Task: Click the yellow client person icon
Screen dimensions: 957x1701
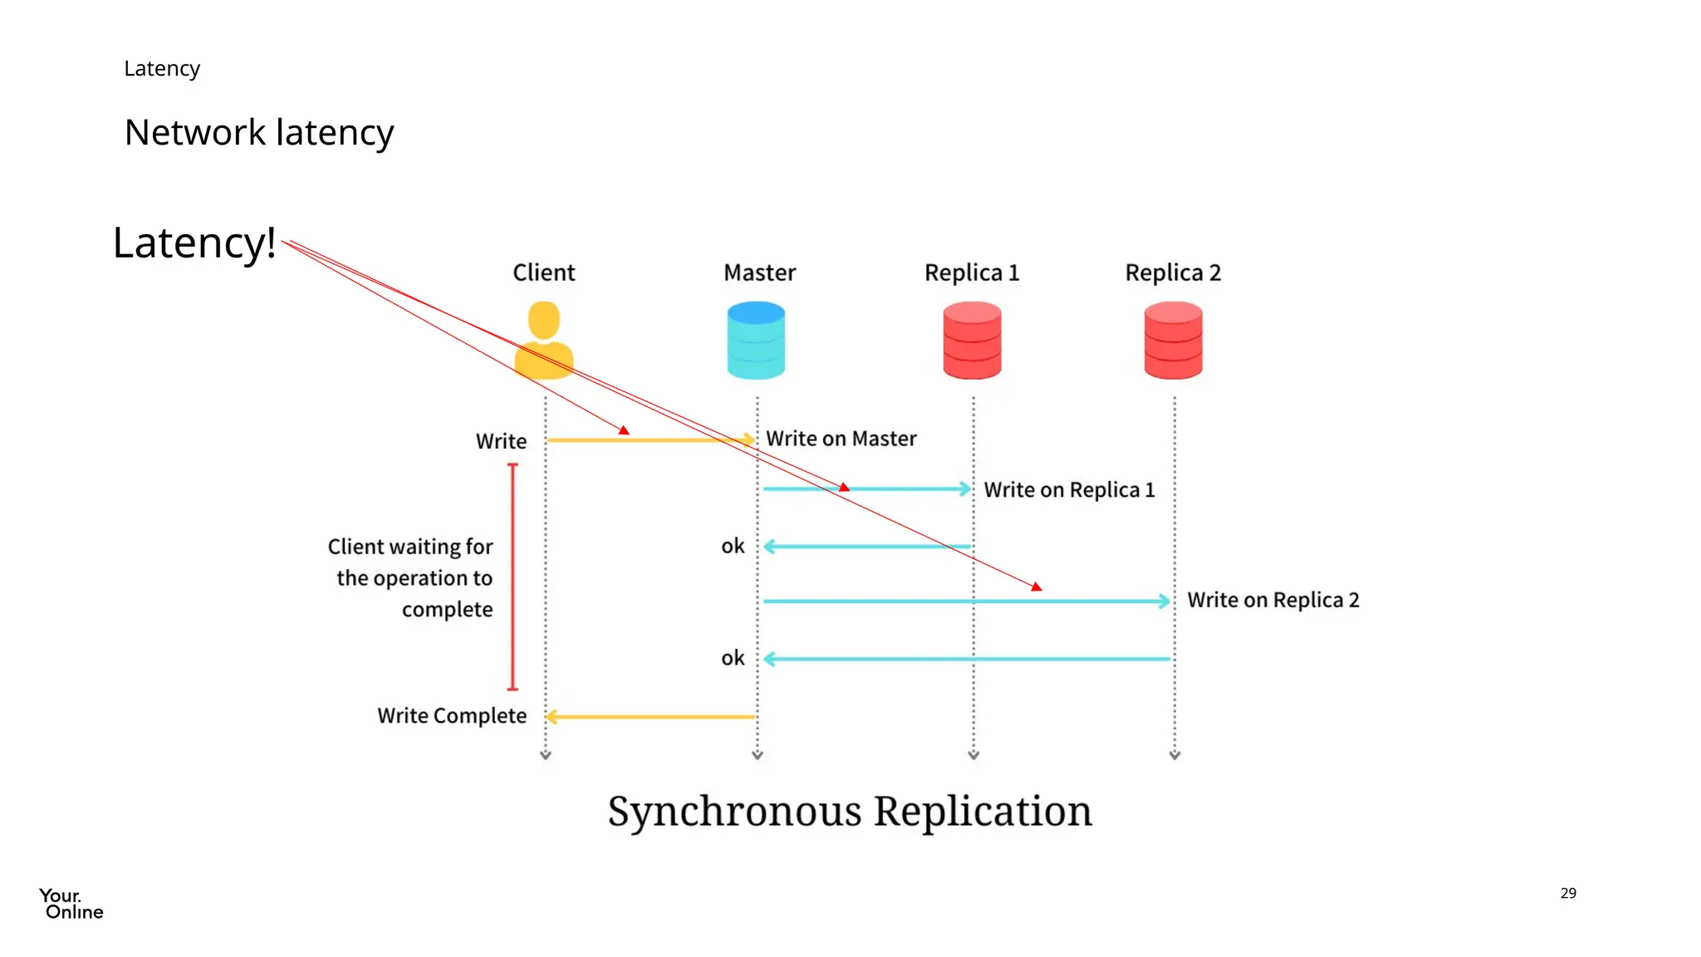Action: (544, 341)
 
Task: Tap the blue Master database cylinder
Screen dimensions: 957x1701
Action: (756, 341)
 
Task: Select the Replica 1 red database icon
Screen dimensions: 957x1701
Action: (972, 341)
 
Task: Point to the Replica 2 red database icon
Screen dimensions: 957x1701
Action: (1173, 341)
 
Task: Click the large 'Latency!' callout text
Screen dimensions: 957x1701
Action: (194, 243)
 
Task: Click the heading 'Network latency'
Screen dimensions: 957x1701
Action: (259, 133)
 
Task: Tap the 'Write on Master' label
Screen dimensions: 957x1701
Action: (841, 439)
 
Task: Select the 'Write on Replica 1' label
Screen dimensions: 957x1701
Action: (1069, 490)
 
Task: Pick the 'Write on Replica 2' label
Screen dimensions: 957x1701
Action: (1272, 600)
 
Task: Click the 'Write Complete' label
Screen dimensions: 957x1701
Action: (452, 716)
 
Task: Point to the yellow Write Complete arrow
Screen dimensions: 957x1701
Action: (651, 716)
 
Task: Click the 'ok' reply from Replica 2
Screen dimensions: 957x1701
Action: (733, 659)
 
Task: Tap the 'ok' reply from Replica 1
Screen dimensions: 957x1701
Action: (733, 547)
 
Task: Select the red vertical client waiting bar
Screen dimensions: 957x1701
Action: (512, 577)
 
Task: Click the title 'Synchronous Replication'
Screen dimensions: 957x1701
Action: (850, 812)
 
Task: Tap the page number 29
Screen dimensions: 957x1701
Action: (1567, 893)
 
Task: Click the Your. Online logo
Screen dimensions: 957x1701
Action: (71, 904)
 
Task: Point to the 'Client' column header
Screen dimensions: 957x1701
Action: (543, 272)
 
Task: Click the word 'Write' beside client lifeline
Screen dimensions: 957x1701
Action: (501, 441)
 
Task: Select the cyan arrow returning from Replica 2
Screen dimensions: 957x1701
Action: (968, 659)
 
